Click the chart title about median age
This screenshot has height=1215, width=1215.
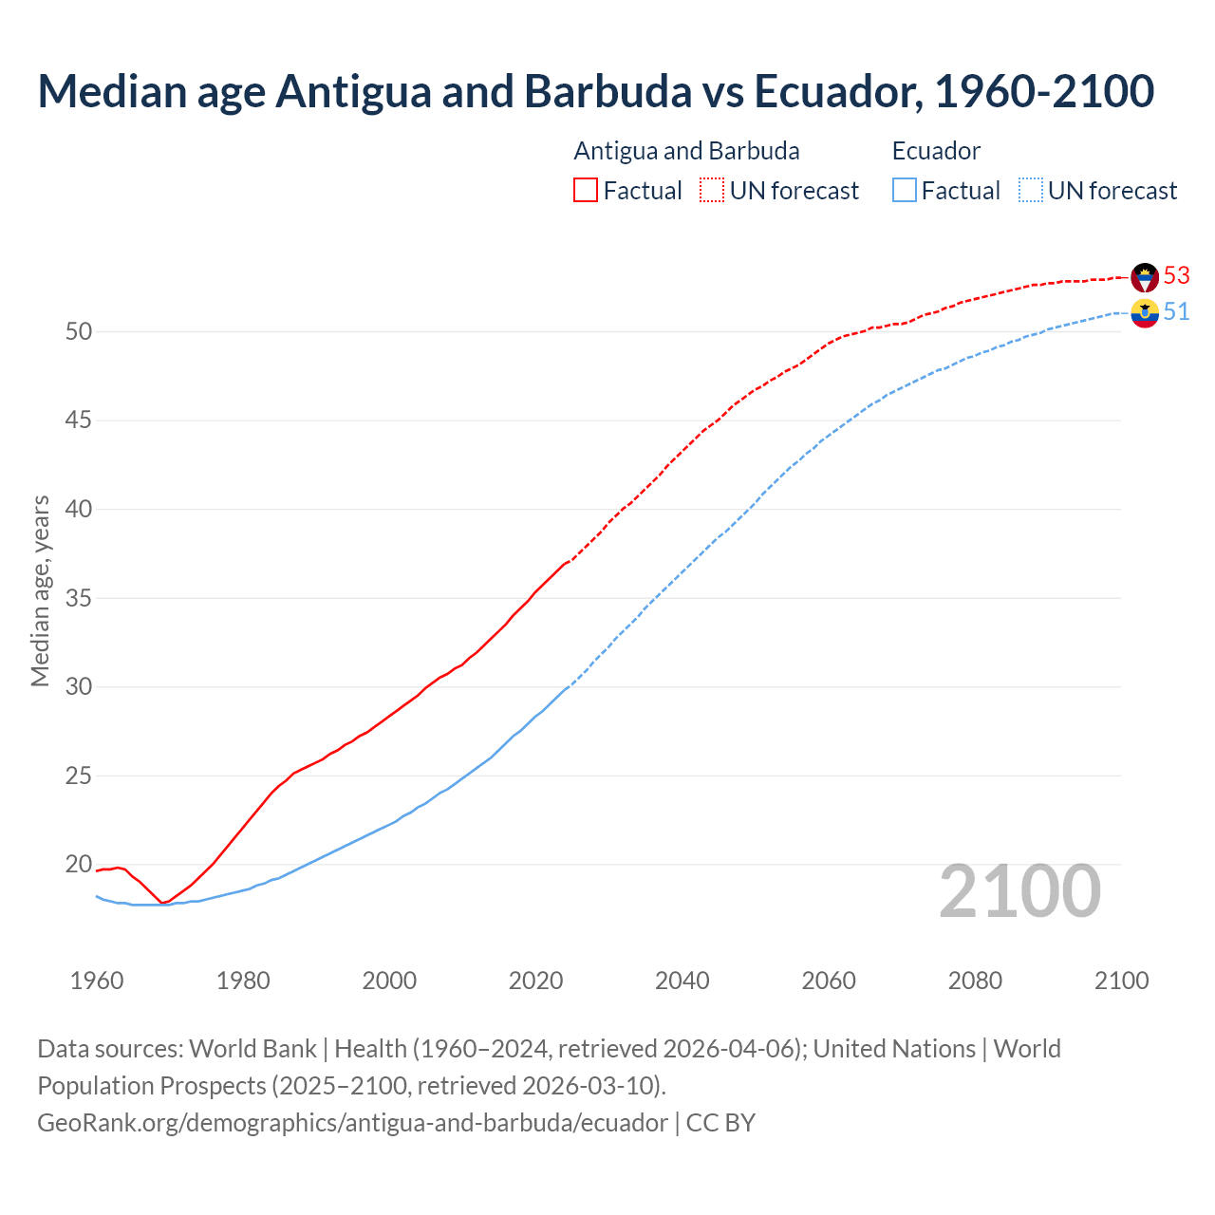(595, 91)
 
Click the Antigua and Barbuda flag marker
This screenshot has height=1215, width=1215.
(1145, 277)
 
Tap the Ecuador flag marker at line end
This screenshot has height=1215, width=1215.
(1145, 312)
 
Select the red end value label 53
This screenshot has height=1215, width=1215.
(1176, 275)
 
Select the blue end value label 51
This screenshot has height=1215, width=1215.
(1176, 311)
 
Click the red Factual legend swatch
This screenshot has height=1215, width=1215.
(586, 190)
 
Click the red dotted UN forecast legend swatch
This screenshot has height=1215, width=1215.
(712, 190)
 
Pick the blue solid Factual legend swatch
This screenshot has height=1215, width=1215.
(905, 190)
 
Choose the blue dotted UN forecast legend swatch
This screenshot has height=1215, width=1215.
(1030, 190)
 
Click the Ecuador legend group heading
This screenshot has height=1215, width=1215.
(936, 151)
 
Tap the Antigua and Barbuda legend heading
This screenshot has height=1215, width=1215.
(686, 151)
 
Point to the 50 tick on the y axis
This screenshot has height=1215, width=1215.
(79, 331)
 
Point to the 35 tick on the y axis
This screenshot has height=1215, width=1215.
(79, 598)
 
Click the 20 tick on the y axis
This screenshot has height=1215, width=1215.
(79, 864)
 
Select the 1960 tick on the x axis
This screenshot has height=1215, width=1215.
(97, 981)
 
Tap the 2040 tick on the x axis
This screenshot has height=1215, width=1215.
(682, 981)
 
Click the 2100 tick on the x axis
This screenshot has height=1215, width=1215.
(1121, 981)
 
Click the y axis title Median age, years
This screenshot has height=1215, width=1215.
(40, 590)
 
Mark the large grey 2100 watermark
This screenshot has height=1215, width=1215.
(1019, 891)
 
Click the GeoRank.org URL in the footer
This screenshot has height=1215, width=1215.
(352, 1122)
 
